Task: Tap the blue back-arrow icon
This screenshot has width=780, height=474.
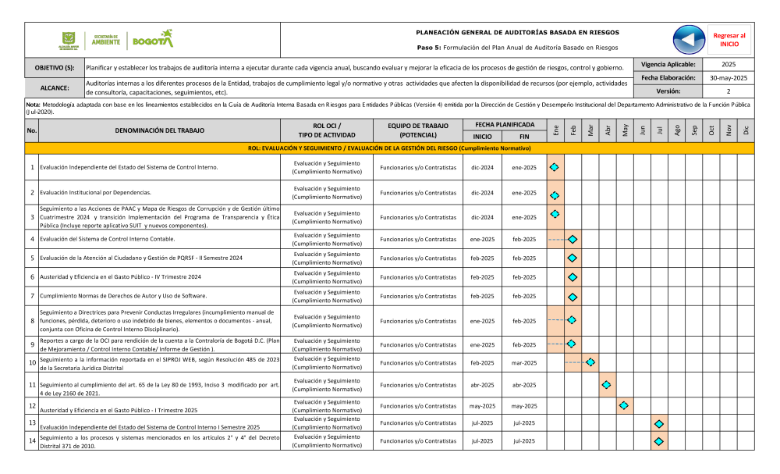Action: [x=688, y=40]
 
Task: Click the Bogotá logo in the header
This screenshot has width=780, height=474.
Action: [x=153, y=39]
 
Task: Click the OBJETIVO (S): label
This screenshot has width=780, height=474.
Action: [x=55, y=68]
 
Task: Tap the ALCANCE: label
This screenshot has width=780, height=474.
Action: [x=55, y=88]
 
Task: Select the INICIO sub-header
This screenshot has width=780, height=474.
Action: [x=482, y=137]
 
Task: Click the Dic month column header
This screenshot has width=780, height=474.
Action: [x=746, y=130]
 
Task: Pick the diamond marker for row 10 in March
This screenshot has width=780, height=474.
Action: [x=590, y=362]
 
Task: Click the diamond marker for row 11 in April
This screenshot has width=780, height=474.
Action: [x=607, y=385]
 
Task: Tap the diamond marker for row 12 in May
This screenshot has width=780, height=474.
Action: [x=623, y=406]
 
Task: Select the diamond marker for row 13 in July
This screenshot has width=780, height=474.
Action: [x=659, y=423]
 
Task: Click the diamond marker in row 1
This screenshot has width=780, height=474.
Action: [x=555, y=167]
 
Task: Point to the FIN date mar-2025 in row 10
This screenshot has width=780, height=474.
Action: [x=524, y=362]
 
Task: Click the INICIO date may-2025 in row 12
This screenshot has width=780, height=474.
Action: [x=482, y=406]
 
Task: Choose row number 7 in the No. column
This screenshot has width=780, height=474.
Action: [x=32, y=296]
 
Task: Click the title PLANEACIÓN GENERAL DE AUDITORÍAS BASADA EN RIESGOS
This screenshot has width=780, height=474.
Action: [x=518, y=33]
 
